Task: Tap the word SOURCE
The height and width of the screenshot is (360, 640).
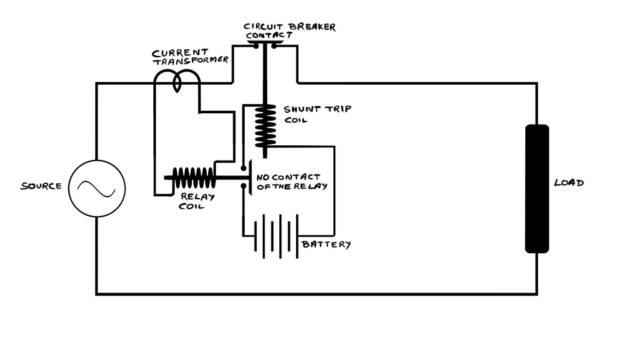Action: coord(41,186)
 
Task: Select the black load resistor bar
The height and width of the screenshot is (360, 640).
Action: coord(537,189)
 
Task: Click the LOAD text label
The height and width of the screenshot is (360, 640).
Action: coord(569,183)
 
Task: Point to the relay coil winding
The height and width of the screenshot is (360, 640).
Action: coord(194,178)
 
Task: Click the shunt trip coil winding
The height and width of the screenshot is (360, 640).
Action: coord(265,127)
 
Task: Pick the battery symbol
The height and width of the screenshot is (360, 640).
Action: coord(277,235)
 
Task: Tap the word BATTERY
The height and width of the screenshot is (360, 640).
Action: coord(326,245)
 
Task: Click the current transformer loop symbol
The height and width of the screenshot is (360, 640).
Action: coord(177,80)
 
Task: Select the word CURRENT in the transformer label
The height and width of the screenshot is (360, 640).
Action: coord(170,52)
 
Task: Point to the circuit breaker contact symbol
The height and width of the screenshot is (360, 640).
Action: coord(265,45)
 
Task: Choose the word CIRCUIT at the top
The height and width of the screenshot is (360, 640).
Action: coord(264,27)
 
